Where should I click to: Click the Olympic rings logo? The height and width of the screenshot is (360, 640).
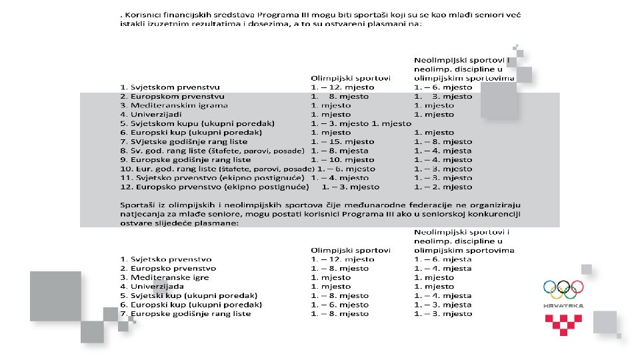(563, 289)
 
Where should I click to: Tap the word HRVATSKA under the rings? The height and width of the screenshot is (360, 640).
(563, 305)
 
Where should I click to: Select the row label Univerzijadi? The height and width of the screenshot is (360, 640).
(153, 114)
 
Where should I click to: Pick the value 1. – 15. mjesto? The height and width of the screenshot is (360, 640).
(343, 141)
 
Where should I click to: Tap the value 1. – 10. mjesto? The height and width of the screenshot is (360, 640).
(343, 159)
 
